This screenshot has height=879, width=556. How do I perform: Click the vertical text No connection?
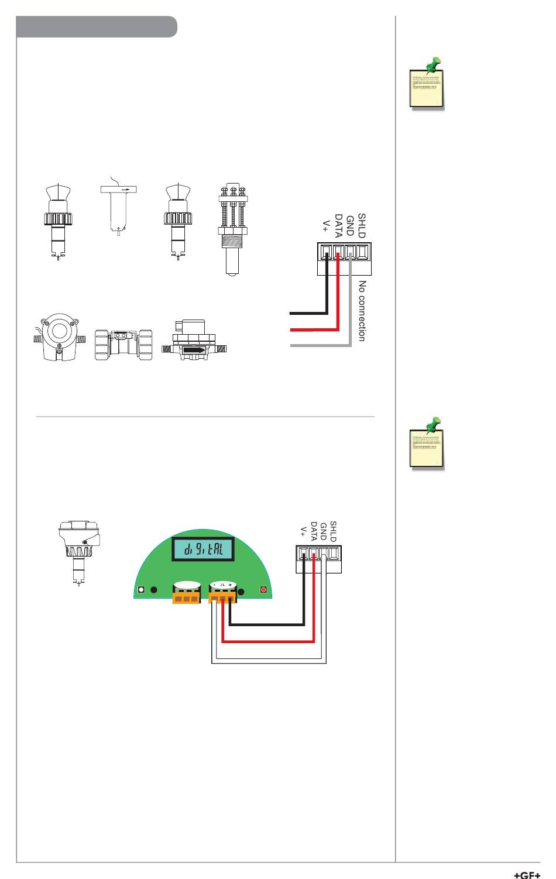point(362,311)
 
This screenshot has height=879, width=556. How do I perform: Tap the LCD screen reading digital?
point(204,550)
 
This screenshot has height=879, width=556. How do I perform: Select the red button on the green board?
point(263,589)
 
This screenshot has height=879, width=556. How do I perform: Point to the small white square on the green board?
point(141,590)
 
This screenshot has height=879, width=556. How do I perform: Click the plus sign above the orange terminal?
point(231,585)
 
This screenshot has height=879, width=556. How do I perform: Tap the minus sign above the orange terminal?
point(214,585)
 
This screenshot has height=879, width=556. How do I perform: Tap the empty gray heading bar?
point(97,27)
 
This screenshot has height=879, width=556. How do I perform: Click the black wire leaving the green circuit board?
point(269,624)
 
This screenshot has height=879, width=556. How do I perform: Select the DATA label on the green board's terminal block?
point(314,530)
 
